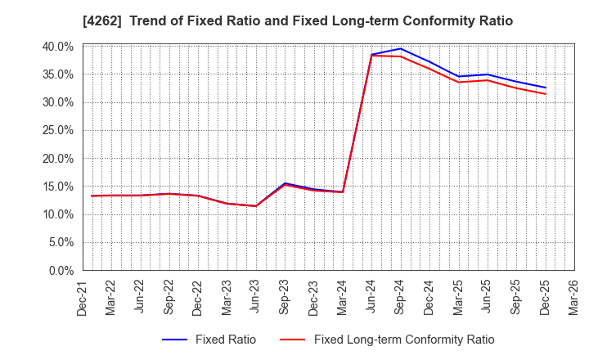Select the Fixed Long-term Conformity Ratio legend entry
coord(404,340)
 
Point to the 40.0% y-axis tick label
coord(58,47)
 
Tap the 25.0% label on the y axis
coord(58,131)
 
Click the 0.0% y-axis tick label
coord(61,271)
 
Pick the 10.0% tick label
coord(58,214)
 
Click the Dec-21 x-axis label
coord(83,297)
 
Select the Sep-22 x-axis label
coord(169,297)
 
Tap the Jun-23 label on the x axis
coord(256,297)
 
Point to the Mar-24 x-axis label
coord(343,297)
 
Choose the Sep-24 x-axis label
coord(401,297)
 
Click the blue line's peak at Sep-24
coord(401,48)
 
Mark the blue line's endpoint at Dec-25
coord(546,88)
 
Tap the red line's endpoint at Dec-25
coord(546,94)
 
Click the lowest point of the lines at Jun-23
coord(256,206)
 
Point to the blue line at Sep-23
coord(285,183)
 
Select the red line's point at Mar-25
coord(458,82)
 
